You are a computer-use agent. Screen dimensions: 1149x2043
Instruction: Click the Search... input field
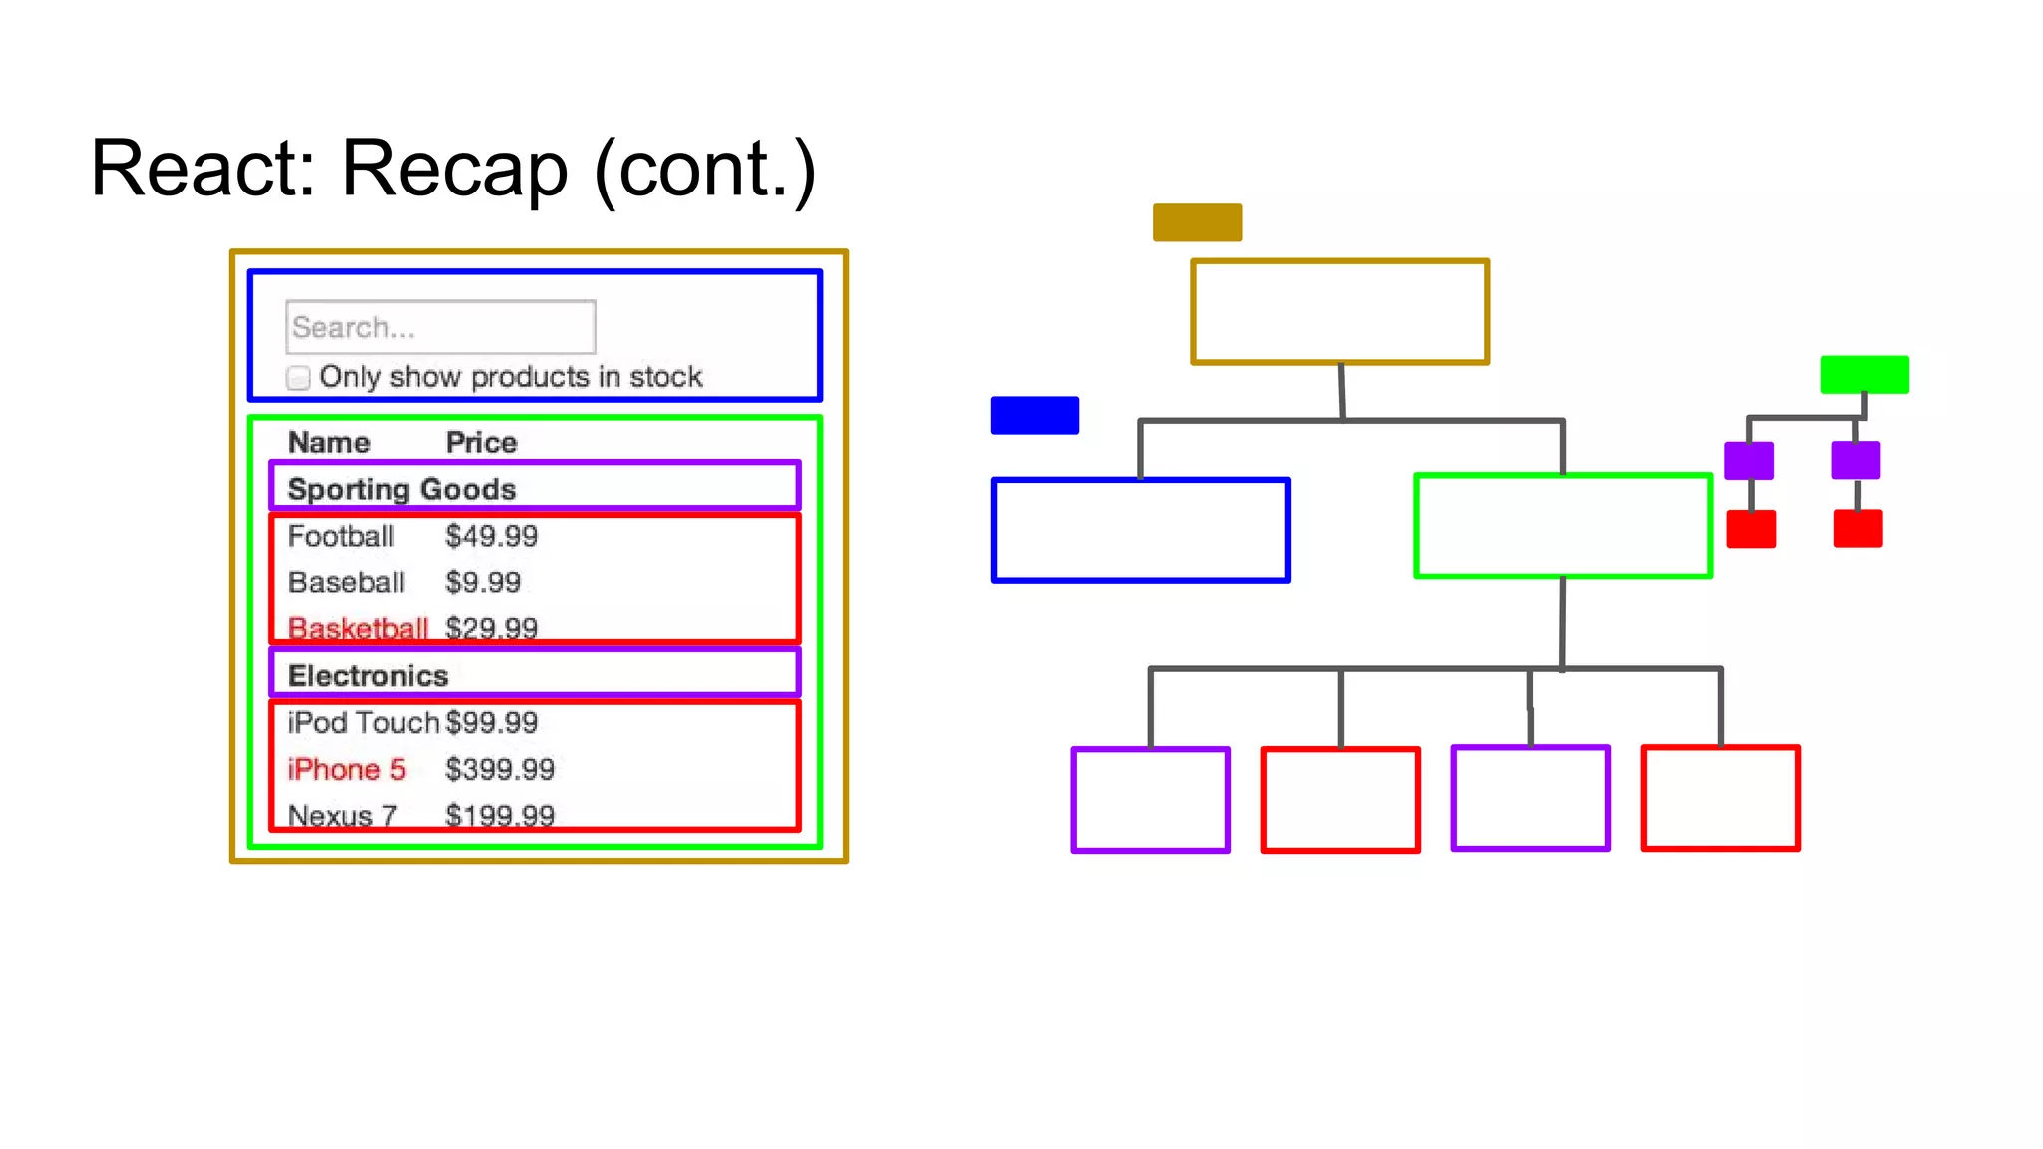point(440,327)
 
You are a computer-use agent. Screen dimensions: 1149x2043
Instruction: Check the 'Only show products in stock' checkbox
point(298,378)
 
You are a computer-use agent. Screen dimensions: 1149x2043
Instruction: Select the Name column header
point(329,442)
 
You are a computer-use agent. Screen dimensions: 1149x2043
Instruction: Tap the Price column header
point(481,442)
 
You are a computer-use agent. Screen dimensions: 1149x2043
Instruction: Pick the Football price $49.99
point(491,536)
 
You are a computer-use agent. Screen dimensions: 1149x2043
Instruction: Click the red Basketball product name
point(357,628)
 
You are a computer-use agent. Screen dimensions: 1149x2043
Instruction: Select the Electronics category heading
point(368,675)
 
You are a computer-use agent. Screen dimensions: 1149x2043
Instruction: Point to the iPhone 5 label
point(346,769)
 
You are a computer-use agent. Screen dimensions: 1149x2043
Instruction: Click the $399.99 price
point(499,769)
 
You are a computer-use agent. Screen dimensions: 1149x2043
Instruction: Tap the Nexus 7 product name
point(342,816)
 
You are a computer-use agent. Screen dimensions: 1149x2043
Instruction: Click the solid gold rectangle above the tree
point(1197,222)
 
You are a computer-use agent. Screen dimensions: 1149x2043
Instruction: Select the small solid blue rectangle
point(1034,415)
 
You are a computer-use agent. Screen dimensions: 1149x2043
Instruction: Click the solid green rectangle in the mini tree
point(1863,374)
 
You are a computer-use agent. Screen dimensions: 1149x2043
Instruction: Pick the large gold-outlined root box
point(1340,312)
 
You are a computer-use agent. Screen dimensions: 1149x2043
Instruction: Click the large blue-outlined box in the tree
point(1140,530)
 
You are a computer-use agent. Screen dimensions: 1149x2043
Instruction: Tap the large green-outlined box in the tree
point(1562,526)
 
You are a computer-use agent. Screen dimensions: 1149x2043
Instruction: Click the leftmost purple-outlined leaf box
point(1150,800)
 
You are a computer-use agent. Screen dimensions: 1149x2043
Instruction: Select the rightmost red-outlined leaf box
point(1720,798)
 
